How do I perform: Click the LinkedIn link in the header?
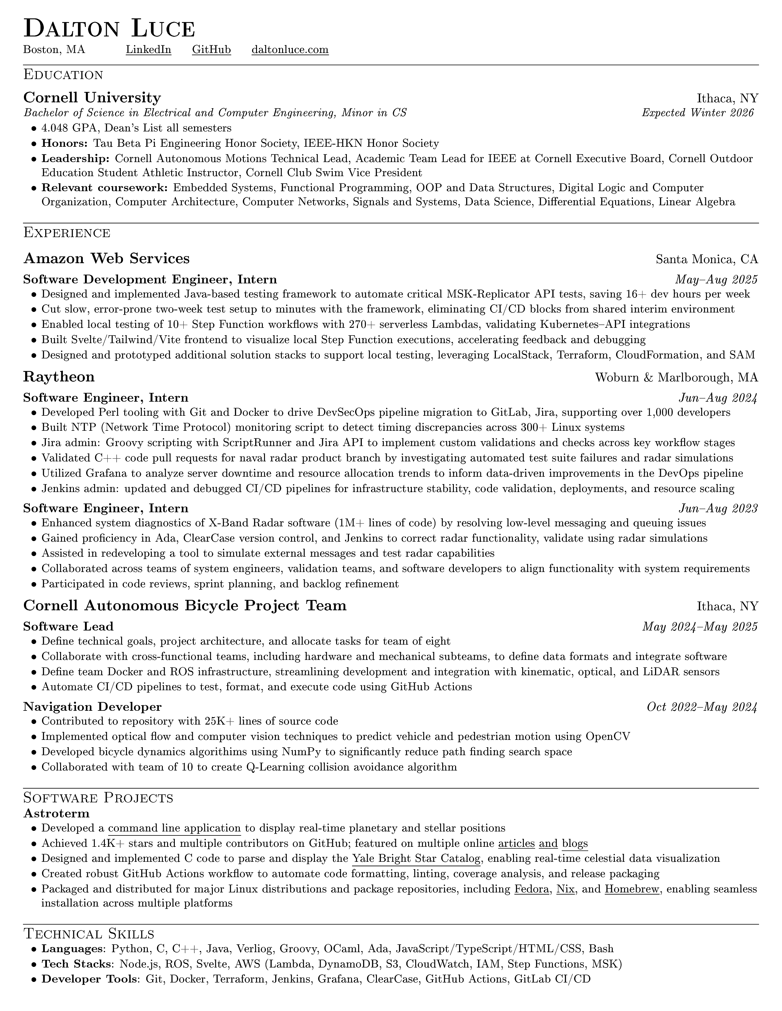(148, 50)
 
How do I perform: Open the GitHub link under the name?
(211, 50)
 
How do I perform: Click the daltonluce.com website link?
(290, 50)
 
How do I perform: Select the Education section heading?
(63, 74)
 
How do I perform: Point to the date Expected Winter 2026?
(698, 112)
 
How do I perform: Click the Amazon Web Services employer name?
(106, 258)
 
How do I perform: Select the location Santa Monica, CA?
(707, 259)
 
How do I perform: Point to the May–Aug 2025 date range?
(716, 280)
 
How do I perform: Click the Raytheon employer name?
(59, 377)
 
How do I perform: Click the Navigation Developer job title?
(92, 707)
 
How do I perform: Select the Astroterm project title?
(56, 813)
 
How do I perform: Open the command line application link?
(174, 828)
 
